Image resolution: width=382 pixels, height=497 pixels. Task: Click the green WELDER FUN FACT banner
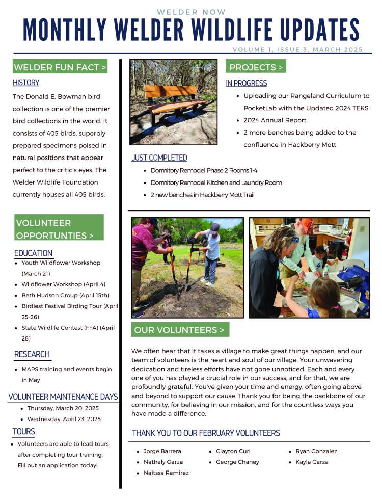[60, 67]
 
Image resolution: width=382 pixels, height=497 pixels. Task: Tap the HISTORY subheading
[26, 83]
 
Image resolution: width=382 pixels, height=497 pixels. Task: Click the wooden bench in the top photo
[173, 99]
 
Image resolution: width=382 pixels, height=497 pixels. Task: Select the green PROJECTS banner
[256, 67]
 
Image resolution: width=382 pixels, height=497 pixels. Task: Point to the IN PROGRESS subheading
[247, 83]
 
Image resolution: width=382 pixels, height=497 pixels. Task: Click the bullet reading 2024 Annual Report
[275, 120]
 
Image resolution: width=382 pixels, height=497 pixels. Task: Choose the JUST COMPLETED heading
[159, 158]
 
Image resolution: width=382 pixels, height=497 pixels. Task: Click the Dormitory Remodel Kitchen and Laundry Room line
[216, 182]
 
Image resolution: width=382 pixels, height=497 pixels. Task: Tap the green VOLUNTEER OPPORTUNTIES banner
[59, 229]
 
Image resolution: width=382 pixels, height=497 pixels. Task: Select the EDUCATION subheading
[33, 253]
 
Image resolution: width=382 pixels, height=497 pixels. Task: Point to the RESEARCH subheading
[32, 354]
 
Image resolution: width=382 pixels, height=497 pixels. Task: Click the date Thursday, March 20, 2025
[63, 408]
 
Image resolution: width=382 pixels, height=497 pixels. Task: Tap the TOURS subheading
[24, 432]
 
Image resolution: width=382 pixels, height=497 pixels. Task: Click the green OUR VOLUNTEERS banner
[180, 330]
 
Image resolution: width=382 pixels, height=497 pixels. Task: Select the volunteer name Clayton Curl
[233, 451]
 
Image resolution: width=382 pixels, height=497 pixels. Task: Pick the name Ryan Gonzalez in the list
[316, 451]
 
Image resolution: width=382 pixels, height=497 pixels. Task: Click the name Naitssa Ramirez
[166, 473]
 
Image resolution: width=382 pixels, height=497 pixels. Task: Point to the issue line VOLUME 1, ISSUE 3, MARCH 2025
[298, 50]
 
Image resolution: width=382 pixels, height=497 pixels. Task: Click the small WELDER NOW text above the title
[191, 12]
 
